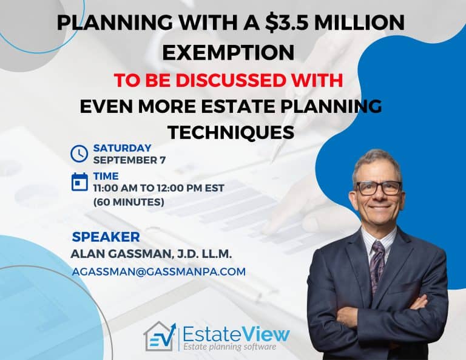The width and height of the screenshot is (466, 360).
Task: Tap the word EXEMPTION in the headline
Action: click(x=228, y=53)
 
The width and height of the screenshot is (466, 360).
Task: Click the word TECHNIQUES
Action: click(x=231, y=132)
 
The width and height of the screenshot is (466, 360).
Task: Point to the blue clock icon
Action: click(x=79, y=154)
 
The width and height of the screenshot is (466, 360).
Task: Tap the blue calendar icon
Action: click(x=79, y=182)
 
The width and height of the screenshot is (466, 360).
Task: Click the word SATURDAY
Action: click(x=123, y=148)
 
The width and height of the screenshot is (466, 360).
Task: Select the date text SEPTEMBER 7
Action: click(x=129, y=160)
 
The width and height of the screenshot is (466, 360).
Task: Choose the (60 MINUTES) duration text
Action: click(x=129, y=202)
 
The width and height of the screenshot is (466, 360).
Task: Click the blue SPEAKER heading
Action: click(x=106, y=237)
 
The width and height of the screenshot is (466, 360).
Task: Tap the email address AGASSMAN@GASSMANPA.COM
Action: click(x=159, y=272)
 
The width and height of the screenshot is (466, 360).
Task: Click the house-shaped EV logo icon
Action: click(x=160, y=336)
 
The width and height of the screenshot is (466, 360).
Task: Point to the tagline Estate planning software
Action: click(x=229, y=347)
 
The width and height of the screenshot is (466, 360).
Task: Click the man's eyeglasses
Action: click(x=379, y=188)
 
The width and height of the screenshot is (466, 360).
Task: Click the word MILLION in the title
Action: click(x=359, y=22)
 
